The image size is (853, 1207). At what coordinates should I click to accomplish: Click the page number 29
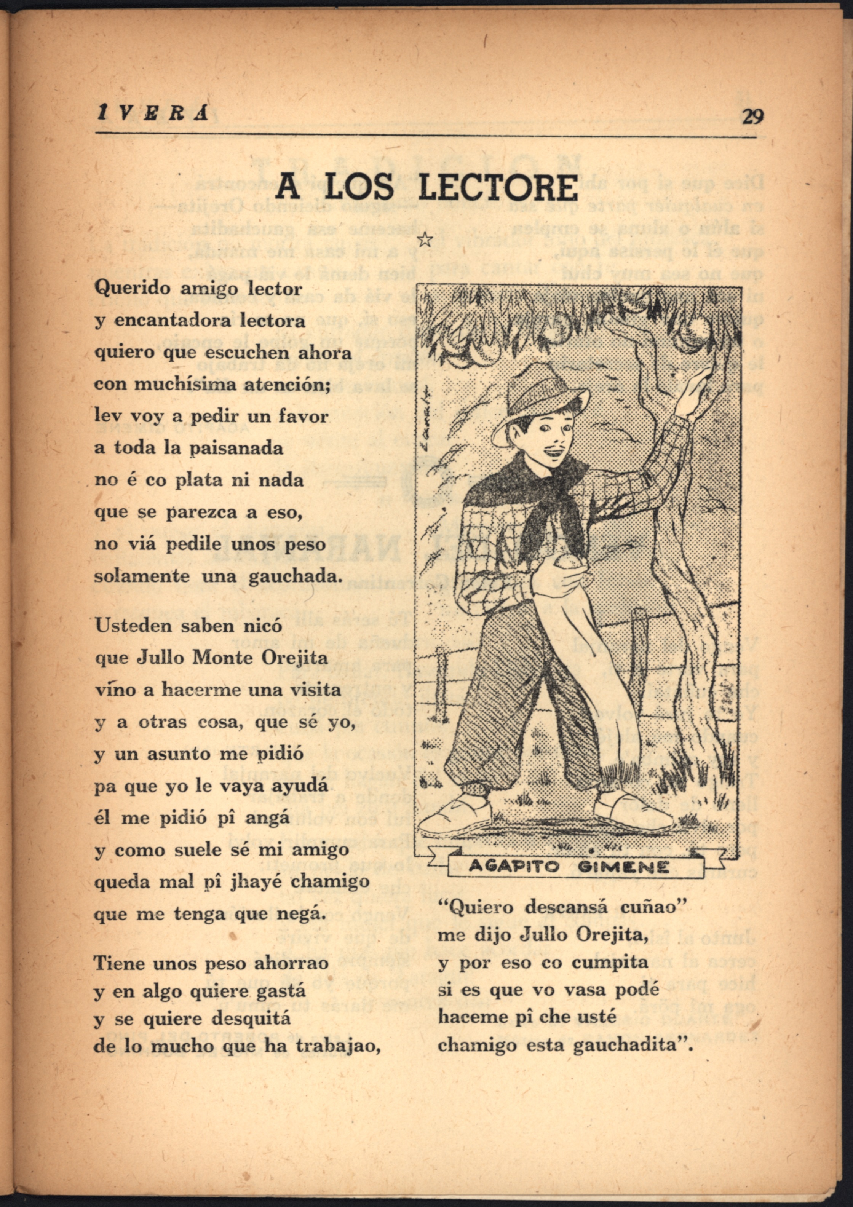tap(752, 116)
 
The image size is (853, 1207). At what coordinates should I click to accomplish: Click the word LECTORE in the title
tap(497, 187)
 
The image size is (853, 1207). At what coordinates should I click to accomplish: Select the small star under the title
tap(424, 240)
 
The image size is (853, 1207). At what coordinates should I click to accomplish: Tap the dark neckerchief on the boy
tap(531, 489)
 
